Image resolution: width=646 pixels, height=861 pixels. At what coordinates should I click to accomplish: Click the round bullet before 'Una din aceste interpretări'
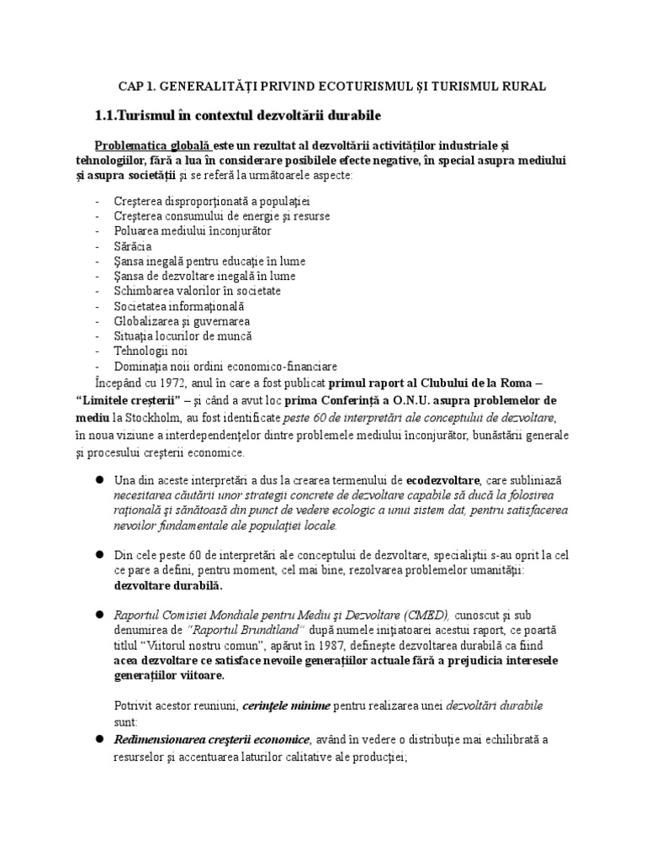(x=98, y=478)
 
